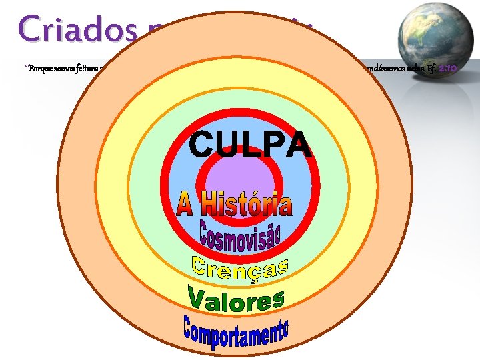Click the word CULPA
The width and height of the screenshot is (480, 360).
point(250,144)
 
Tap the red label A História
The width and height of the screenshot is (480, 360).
point(235,203)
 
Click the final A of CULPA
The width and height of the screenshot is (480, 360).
point(299,145)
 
